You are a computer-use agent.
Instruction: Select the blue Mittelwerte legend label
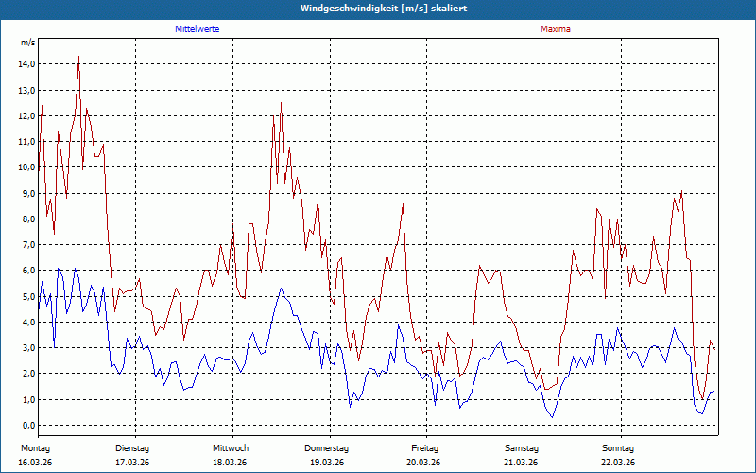coord(198,29)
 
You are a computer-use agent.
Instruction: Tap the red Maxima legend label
coord(556,29)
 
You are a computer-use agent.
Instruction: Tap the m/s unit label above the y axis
coord(27,44)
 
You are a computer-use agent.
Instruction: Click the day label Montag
coord(35,447)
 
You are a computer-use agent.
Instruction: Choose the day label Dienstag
coord(132,447)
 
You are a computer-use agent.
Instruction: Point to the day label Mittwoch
coord(231,447)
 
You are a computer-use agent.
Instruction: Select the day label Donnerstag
coord(327,447)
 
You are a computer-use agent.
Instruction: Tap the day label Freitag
coord(424,447)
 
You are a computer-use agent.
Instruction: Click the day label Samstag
coord(522,447)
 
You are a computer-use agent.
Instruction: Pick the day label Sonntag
coord(618,447)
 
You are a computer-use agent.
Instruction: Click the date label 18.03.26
coord(231,463)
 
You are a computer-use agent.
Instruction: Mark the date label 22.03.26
coord(618,463)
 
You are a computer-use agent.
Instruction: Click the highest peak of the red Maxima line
coord(78,57)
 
